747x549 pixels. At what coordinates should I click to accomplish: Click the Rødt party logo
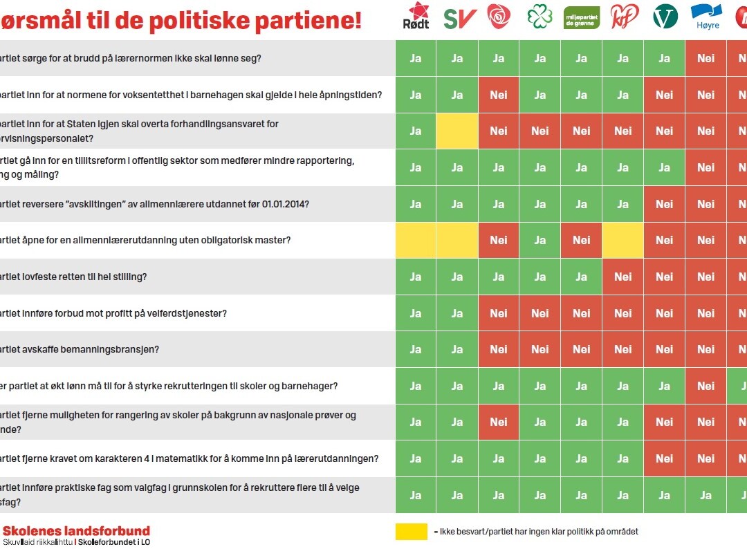coord(416,16)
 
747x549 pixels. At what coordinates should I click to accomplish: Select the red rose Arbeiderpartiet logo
coord(498,15)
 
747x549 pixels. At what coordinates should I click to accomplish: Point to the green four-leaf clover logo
coord(539,17)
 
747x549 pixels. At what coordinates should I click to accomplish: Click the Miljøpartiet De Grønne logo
coord(582,17)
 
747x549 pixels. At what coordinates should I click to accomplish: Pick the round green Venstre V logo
coord(665,17)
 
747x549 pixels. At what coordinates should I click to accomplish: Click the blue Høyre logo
coord(705,16)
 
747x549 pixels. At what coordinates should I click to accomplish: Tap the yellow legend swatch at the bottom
coord(412,532)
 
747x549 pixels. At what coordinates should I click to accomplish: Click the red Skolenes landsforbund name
coord(76,531)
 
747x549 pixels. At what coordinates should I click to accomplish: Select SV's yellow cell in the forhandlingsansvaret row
coord(457,131)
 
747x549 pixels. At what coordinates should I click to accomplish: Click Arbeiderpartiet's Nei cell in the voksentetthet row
coord(499,95)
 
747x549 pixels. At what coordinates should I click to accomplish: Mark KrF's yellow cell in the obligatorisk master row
coord(623,240)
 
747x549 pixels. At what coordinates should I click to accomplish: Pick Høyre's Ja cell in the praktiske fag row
coord(706,495)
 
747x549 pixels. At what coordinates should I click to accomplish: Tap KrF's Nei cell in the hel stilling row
coord(623,277)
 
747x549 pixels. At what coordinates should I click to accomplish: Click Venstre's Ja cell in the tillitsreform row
coord(665,167)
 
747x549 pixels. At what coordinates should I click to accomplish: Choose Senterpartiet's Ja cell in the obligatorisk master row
coord(540,240)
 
